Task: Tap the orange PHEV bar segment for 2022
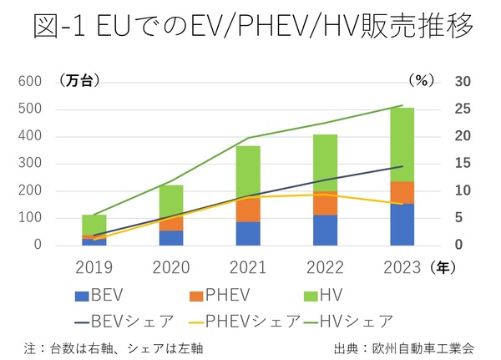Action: point(325,202)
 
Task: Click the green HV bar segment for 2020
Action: point(170,200)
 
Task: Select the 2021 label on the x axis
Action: point(247,267)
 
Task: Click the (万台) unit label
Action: point(80,81)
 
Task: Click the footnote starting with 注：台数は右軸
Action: point(114,347)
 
